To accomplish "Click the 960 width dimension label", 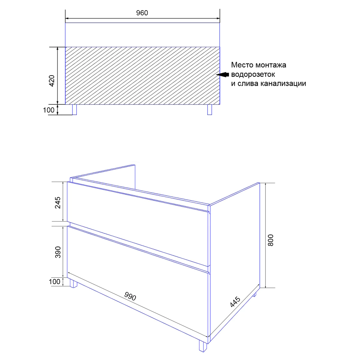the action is point(142,13).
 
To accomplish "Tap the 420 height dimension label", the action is point(52,81).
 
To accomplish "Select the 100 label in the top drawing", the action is point(49,110).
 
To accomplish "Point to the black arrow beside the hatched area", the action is point(222,74).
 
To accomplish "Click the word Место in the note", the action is point(242,65).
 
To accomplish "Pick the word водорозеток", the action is point(253,74).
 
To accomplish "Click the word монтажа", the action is point(271,65).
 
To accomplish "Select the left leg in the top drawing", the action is point(74,109).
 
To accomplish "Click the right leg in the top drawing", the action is point(210,109).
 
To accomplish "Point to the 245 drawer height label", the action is point(58,202).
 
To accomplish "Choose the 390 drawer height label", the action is point(58,252).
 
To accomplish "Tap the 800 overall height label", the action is point(271,240).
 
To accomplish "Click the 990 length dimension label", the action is point(130,296).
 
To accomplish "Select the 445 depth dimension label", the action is point(235,302).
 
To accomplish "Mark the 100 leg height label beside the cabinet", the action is point(54,282).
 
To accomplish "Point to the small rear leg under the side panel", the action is point(254,295).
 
